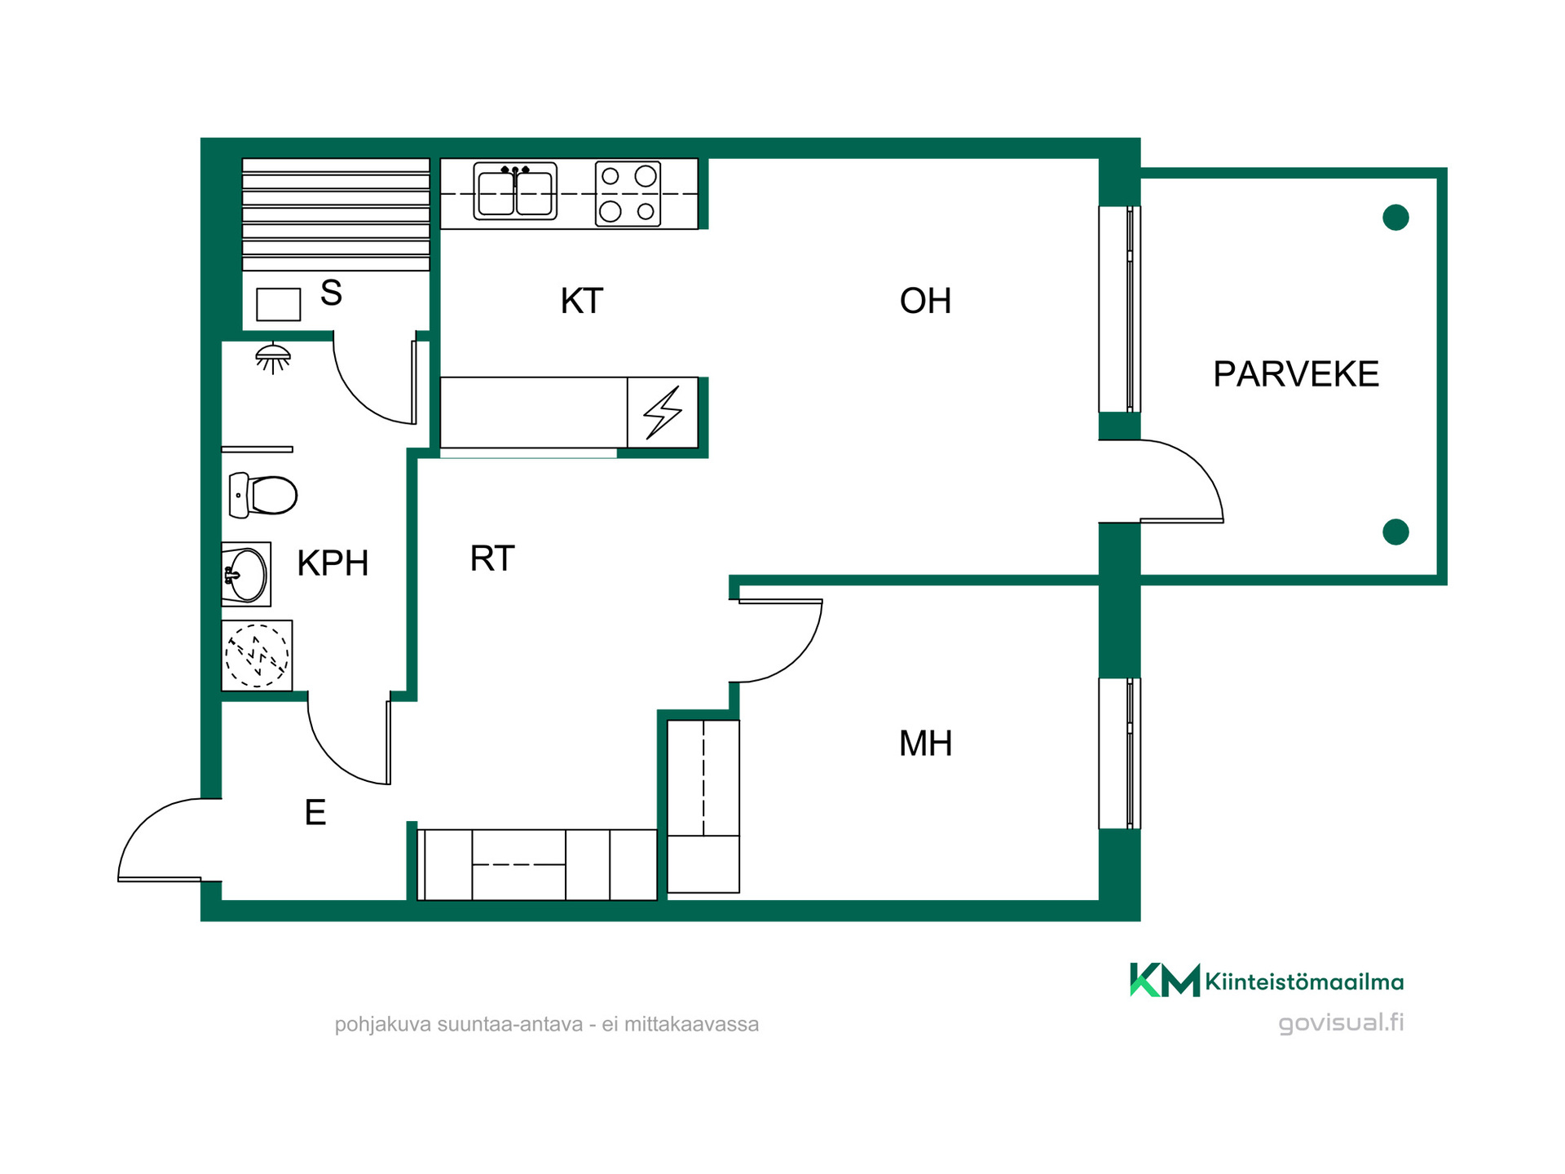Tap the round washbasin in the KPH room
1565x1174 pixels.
(x=245, y=575)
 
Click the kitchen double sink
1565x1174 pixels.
(x=515, y=192)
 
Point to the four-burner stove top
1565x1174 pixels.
(x=628, y=194)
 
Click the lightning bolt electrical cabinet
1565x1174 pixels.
(x=663, y=413)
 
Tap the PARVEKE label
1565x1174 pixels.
(x=1296, y=374)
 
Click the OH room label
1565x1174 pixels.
(x=925, y=301)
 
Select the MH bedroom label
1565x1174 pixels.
(x=925, y=744)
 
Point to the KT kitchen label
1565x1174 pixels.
(x=581, y=301)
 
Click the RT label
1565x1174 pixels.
(x=492, y=558)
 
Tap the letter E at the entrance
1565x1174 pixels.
(x=315, y=813)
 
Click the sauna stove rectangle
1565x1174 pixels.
(x=279, y=304)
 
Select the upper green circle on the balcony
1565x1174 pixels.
(x=1395, y=218)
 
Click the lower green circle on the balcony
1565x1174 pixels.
(x=1395, y=532)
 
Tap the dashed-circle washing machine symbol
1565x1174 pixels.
(x=257, y=655)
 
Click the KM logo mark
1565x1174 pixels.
(x=1165, y=980)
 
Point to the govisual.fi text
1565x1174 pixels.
(x=1341, y=1022)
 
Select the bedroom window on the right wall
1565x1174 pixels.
(x=1120, y=753)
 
